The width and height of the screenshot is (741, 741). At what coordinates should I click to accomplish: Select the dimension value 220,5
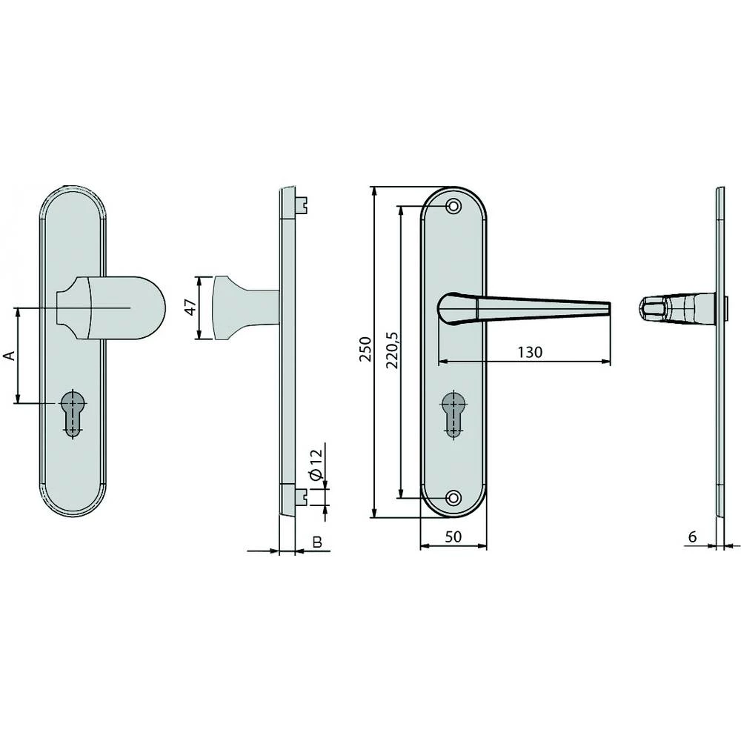point(392,351)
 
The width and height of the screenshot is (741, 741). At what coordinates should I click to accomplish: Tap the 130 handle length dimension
point(531,352)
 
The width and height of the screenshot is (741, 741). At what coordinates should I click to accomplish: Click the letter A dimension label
point(9,356)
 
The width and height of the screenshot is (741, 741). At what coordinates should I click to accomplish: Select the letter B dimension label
point(316,543)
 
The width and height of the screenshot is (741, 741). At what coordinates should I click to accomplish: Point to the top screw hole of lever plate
point(453,205)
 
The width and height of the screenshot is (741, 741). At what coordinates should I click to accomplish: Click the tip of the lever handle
point(608,308)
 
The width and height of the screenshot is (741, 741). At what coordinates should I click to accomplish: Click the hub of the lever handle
point(452,308)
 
